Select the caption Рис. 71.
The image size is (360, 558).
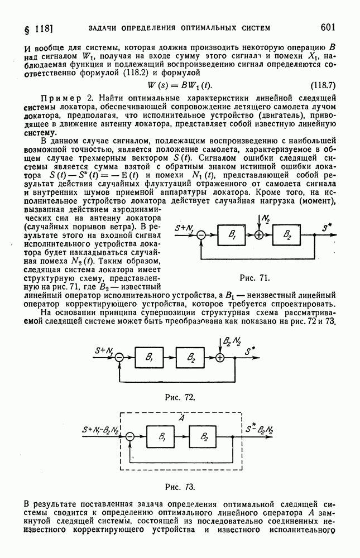pos(254,277)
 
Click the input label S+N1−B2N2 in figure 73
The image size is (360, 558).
pos(100,430)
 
